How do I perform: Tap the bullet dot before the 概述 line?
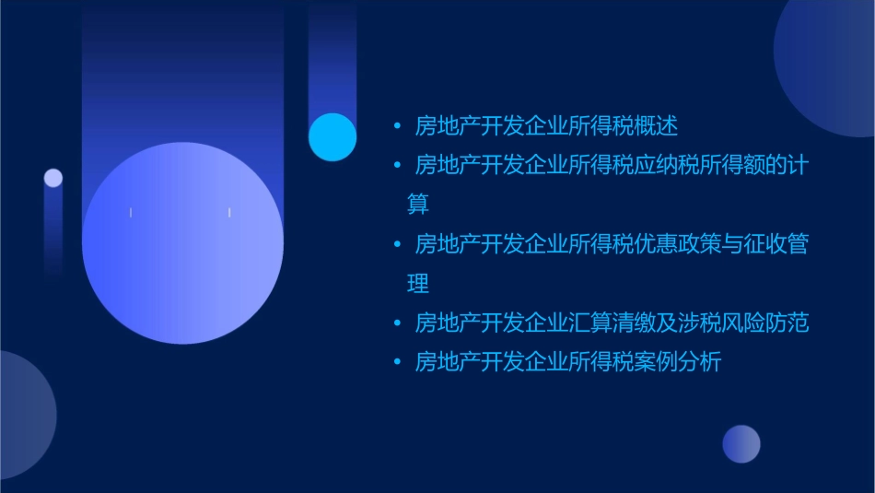[x=397, y=125]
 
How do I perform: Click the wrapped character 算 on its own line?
[x=418, y=204]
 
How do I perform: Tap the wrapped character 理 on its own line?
[x=418, y=283]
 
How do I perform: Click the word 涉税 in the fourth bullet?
[x=699, y=323]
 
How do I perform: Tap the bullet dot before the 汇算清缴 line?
[x=397, y=323]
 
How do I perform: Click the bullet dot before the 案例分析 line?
[x=397, y=362]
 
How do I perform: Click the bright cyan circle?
[x=332, y=136]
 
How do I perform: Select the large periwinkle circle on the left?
[x=182, y=243]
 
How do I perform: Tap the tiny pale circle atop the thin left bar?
[x=53, y=178]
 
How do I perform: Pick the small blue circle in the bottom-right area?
[x=741, y=443]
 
